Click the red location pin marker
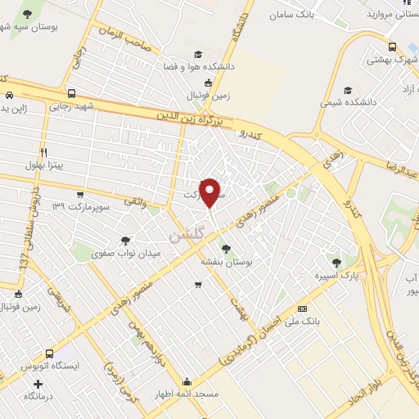click(210, 192)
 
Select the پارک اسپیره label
click(336, 276)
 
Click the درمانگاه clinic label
click(38, 396)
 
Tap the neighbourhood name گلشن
click(185, 236)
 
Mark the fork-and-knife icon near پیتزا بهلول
click(44, 152)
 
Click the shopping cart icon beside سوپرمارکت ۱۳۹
click(80, 195)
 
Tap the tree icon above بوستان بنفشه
click(226, 249)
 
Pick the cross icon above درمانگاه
click(38, 383)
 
